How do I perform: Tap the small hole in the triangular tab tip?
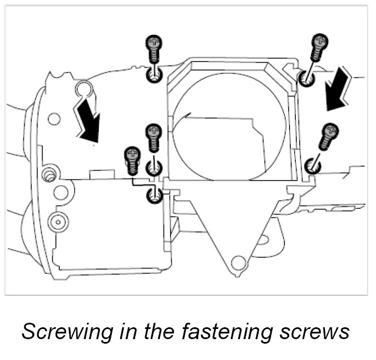[239, 262]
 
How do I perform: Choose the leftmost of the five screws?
[132, 160]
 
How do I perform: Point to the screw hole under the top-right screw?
[307, 78]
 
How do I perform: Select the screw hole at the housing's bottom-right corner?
[312, 166]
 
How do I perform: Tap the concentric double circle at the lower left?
[56, 222]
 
